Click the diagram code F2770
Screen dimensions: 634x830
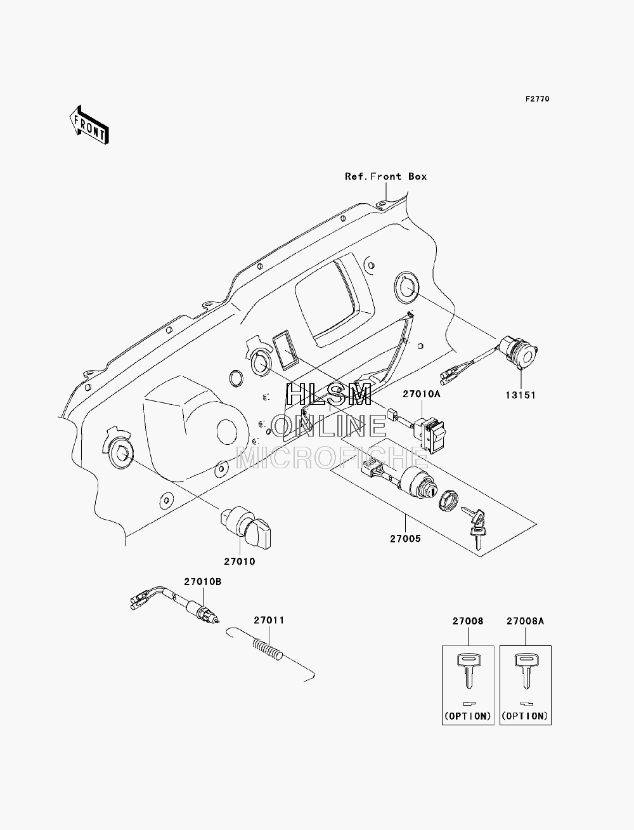point(537,99)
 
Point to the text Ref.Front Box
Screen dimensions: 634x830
point(385,176)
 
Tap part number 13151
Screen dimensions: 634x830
point(521,395)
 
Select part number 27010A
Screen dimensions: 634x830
point(422,393)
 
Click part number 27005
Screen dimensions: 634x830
point(405,539)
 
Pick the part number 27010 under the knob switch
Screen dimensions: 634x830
point(240,562)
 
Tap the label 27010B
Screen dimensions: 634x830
point(202,581)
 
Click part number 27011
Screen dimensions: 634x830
point(269,620)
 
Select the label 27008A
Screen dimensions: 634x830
point(525,621)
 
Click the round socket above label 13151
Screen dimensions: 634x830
point(519,352)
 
